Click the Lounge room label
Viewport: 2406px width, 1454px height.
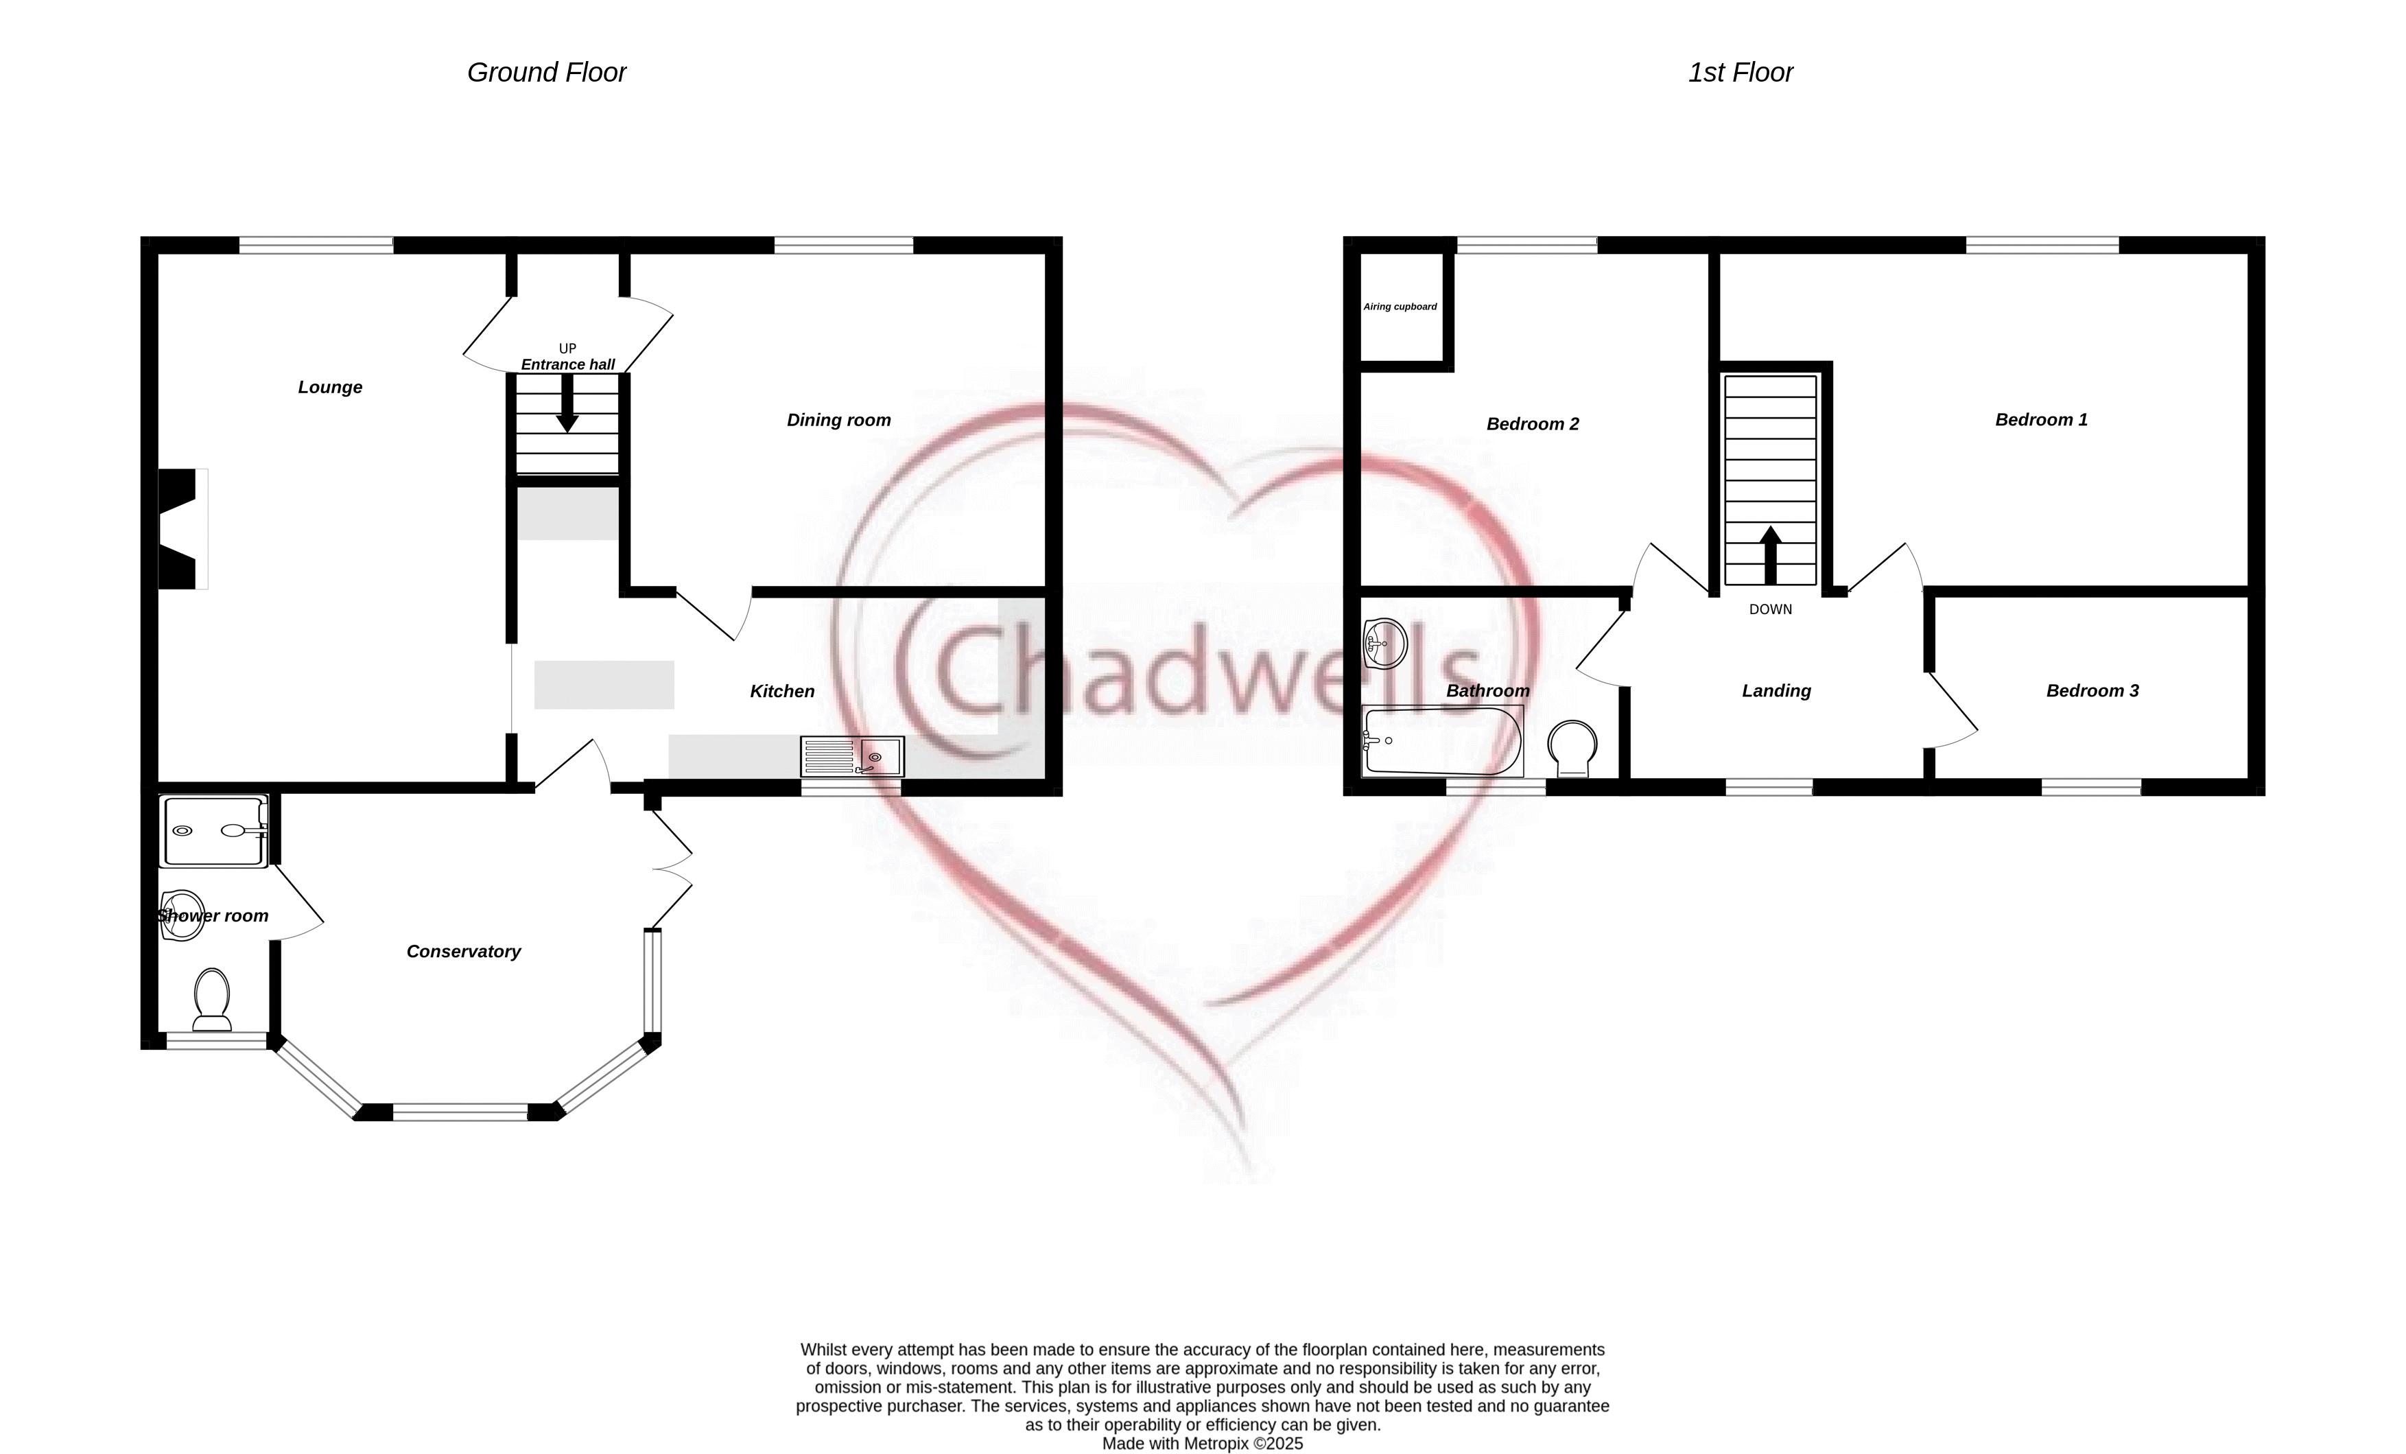pos(330,388)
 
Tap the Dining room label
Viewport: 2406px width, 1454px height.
pos(839,421)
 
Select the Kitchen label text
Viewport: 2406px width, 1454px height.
pos(782,692)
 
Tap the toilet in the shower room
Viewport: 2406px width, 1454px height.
pos(212,999)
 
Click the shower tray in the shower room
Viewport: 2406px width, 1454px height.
pos(215,832)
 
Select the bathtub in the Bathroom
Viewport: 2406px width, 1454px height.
pos(1442,741)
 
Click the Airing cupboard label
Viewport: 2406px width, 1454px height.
pos(1400,307)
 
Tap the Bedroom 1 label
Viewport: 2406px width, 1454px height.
pos(2041,420)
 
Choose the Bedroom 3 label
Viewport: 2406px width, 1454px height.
pos(2092,692)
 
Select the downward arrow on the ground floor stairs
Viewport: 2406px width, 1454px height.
pos(567,403)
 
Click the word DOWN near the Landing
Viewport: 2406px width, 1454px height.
pos(1770,609)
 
